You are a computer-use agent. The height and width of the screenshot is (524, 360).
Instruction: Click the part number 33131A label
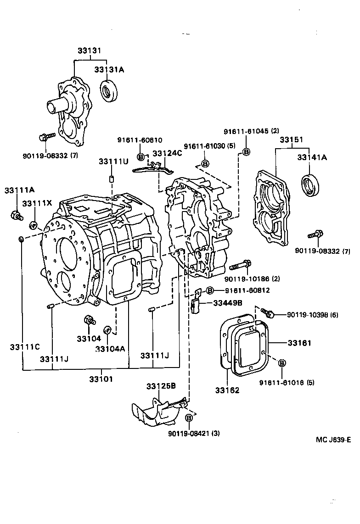(109, 69)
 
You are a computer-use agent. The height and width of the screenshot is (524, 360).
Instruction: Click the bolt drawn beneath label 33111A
(16, 215)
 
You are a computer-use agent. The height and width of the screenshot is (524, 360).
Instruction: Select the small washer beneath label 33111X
(33, 225)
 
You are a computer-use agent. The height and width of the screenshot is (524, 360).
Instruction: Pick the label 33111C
(24, 347)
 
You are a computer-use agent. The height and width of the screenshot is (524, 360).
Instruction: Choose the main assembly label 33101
(101, 379)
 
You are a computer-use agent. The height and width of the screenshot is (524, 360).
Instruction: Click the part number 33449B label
(227, 302)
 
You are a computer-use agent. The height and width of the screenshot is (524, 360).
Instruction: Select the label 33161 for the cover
(299, 343)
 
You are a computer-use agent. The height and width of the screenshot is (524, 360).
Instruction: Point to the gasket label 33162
(227, 390)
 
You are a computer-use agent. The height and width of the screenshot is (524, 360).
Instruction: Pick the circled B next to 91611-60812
(209, 290)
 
